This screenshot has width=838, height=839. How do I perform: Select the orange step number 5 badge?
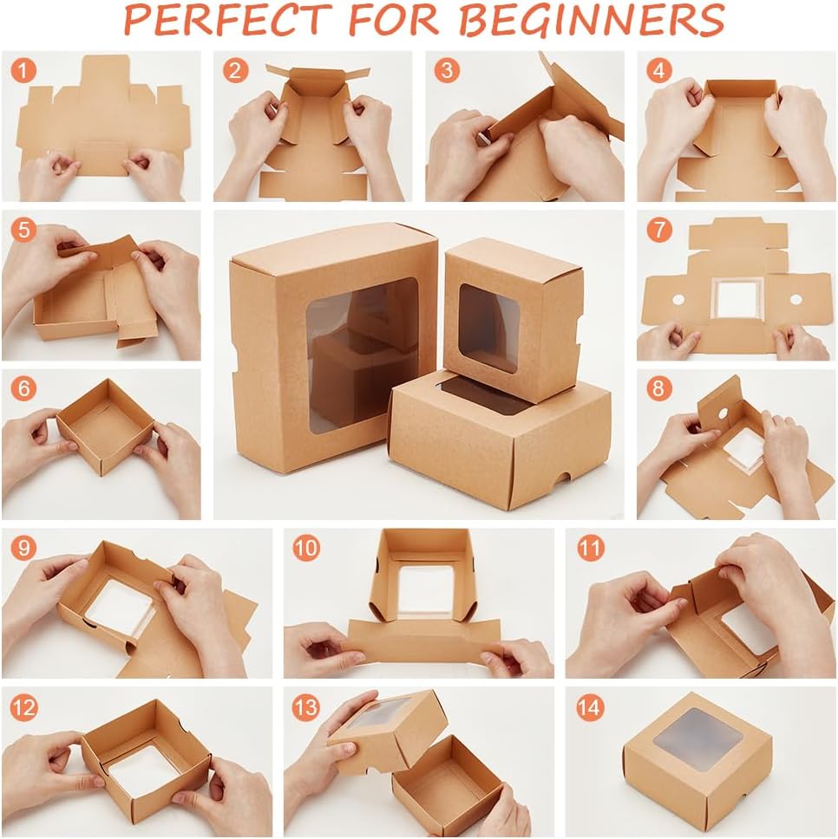coord(23,231)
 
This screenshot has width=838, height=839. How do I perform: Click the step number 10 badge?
coord(305,548)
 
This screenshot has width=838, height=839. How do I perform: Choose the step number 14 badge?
coord(588,707)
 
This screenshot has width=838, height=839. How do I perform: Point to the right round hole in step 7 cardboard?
coord(795,299)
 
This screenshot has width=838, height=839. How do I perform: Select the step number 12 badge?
coord(24,707)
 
